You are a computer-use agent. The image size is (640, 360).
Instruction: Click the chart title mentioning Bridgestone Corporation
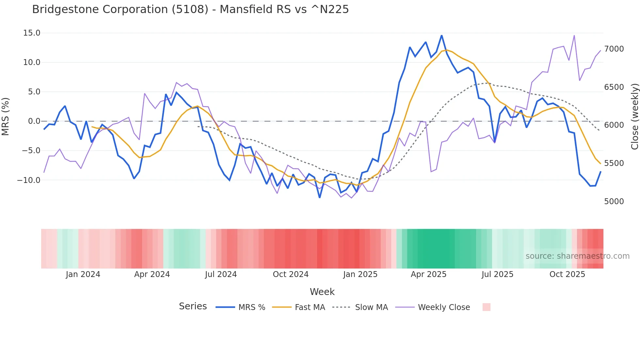(190, 9)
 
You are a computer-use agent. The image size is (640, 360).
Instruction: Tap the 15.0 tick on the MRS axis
(32, 33)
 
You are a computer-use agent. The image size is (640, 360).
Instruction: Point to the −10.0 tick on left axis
(29, 180)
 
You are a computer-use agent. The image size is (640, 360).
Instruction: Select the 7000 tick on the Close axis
(614, 49)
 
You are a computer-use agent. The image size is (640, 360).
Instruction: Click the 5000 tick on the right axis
(614, 202)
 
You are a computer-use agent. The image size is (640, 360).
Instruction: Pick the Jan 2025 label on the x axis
(360, 274)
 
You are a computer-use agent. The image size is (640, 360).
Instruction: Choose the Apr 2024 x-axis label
(152, 274)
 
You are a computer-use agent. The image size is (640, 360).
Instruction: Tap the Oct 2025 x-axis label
(567, 274)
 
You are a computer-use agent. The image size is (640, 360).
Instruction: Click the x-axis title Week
(322, 292)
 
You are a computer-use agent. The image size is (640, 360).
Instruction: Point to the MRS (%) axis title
(6, 116)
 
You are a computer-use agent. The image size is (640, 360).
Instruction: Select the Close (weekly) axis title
(634, 117)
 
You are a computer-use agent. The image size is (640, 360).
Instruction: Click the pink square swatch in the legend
(486, 307)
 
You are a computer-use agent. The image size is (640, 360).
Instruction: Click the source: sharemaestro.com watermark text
(577, 256)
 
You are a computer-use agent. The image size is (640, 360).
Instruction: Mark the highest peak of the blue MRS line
(442, 35)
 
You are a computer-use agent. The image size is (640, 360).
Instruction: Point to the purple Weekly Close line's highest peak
(574, 36)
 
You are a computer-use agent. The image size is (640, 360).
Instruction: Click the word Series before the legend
(193, 306)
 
